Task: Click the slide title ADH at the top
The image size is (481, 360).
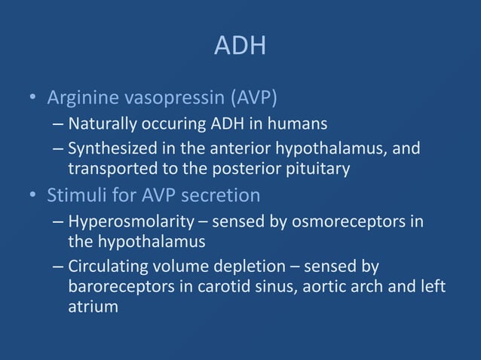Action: pos(240,47)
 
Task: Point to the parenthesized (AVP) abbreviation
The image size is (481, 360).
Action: pos(254,98)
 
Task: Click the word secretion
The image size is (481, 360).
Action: pos(223,196)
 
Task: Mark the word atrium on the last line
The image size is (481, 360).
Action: pos(93,307)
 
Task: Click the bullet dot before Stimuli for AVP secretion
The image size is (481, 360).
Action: pos(32,197)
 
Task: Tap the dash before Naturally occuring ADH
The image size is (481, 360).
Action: pos(59,124)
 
